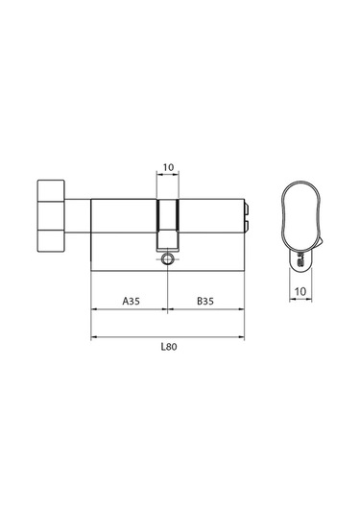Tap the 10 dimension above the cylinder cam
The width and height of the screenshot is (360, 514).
(x=168, y=169)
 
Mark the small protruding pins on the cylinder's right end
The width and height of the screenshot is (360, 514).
(x=248, y=215)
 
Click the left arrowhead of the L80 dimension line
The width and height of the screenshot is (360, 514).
(x=93, y=336)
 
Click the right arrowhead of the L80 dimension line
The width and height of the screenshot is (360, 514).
(x=243, y=336)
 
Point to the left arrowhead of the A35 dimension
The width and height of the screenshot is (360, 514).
(x=93, y=309)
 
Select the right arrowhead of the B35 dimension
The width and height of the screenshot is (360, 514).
(x=243, y=309)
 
